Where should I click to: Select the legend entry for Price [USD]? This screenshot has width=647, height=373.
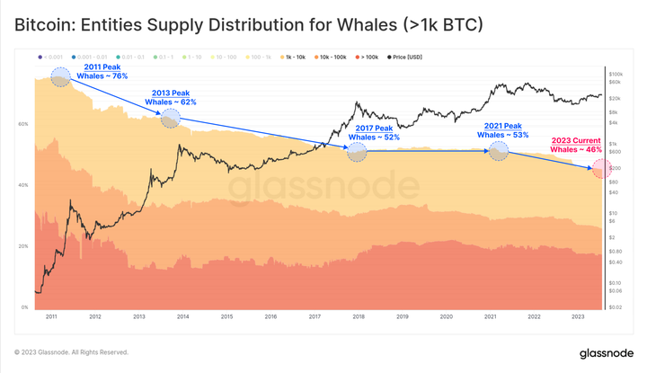point(403,58)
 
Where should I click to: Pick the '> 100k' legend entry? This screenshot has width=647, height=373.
point(367,58)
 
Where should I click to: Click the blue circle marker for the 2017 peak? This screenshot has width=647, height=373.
point(357,152)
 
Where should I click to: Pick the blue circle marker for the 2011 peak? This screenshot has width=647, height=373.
point(60,77)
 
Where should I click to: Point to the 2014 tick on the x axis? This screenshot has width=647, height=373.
point(182,317)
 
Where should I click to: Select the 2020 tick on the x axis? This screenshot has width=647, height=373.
point(447,317)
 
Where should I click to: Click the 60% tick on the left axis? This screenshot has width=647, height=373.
point(22,124)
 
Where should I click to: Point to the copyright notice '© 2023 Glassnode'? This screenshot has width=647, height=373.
point(71,352)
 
